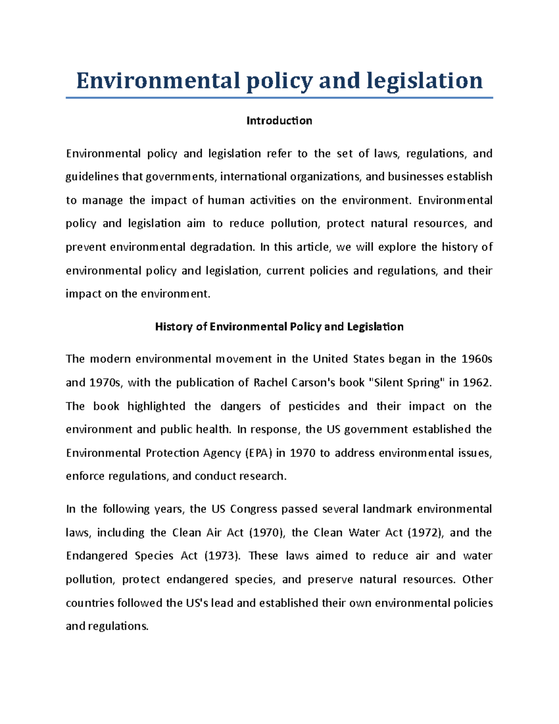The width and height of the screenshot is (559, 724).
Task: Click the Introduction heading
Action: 279,121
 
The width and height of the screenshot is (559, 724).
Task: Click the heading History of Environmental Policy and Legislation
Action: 279,326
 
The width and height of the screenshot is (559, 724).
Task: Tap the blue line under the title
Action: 279,98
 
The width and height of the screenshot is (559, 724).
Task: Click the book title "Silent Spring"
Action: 406,383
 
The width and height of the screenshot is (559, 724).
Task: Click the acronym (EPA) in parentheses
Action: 258,453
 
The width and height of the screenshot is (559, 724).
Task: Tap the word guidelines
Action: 92,177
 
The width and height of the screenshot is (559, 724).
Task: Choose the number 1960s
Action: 477,359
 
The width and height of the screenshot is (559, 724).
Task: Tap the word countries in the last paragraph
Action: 90,603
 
